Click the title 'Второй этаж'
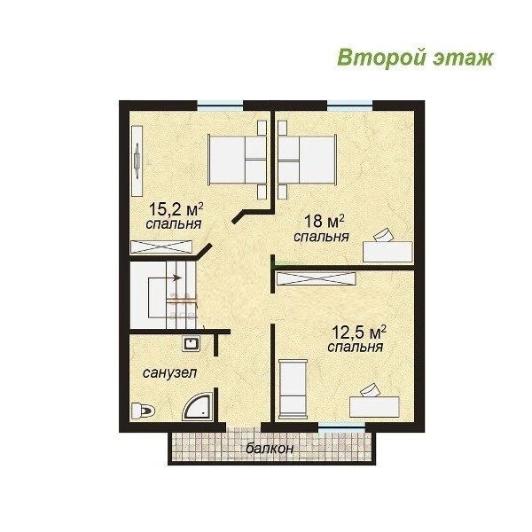click(x=415, y=58)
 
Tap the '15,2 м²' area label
click(x=176, y=209)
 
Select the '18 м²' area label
click(x=324, y=221)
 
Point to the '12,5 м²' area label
click(x=358, y=332)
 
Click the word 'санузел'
click(x=169, y=373)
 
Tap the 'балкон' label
click(x=270, y=449)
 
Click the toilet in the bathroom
click(x=143, y=411)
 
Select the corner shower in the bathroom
click(x=198, y=407)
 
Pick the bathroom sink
click(x=191, y=344)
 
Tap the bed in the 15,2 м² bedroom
click(x=237, y=160)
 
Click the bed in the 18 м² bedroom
click(x=307, y=160)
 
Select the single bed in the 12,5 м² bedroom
click(x=293, y=390)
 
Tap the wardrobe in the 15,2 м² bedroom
click(x=161, y=247)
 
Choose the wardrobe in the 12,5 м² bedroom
click(x=317, y=278)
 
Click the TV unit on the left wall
click(x=137, y=160)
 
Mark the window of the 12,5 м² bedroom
click(x=341, y=427)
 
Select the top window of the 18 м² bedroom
click(x=350, y=106)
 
